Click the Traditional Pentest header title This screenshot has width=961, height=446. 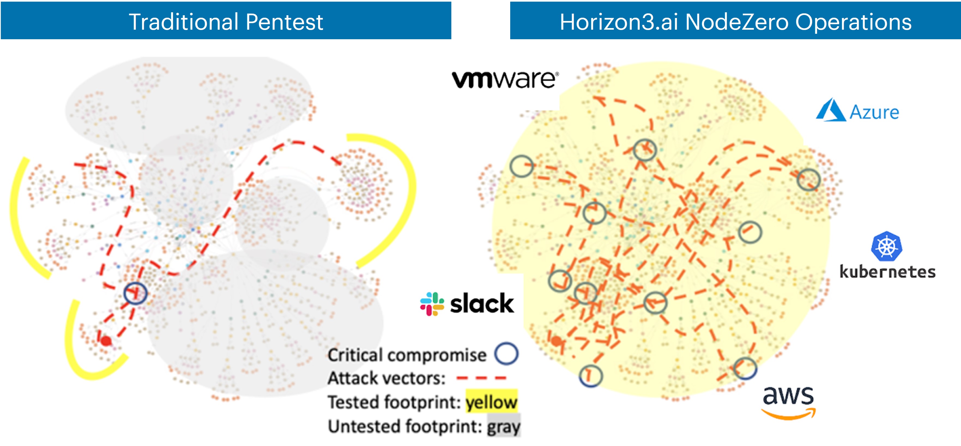pyautogui.click(x=226, y=22)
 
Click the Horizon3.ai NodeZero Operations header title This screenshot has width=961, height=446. pyautogui.click(x=735, y=22)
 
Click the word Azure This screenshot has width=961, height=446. pyautogui.click(x=874, y=112)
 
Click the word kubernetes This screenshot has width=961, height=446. pyautogui.click(x=887, y=272)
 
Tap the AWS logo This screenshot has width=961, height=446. pyautogui.click(x=788, y=402)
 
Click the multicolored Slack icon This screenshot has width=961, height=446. pyautogui.click(x=432, y=304)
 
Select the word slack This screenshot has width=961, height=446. pyautogui.click(x=482, y=304)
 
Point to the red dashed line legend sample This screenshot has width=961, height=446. pyautogui.click(x=481, y=378)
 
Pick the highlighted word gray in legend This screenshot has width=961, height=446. pyautogui.click(x=504, y=426)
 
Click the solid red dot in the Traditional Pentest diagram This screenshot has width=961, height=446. pyautogui.click(x=106, y=341)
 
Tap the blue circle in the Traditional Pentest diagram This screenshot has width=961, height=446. pyautogui.click(x=135, y=293)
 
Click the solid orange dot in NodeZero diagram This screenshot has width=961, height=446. pyautogui.click(x=556, y=341)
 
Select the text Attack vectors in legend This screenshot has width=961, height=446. pyautogui.click(x=386, y=378)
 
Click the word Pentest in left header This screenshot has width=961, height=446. pyautogui.click(x=284, y=22)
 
